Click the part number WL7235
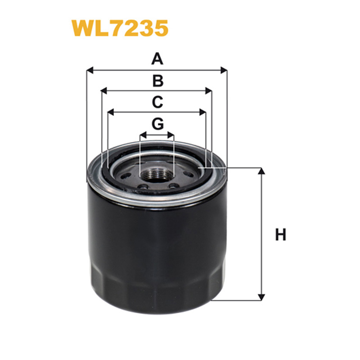coord(119,28)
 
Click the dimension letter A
coord(157,59)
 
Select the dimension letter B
coord(157,81)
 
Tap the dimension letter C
coord(157,102)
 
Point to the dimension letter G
coord(157,123)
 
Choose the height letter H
coord(281,234)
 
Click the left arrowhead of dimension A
coord(89,70)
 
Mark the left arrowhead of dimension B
coord(104,91)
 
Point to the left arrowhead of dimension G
coord(143,134)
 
